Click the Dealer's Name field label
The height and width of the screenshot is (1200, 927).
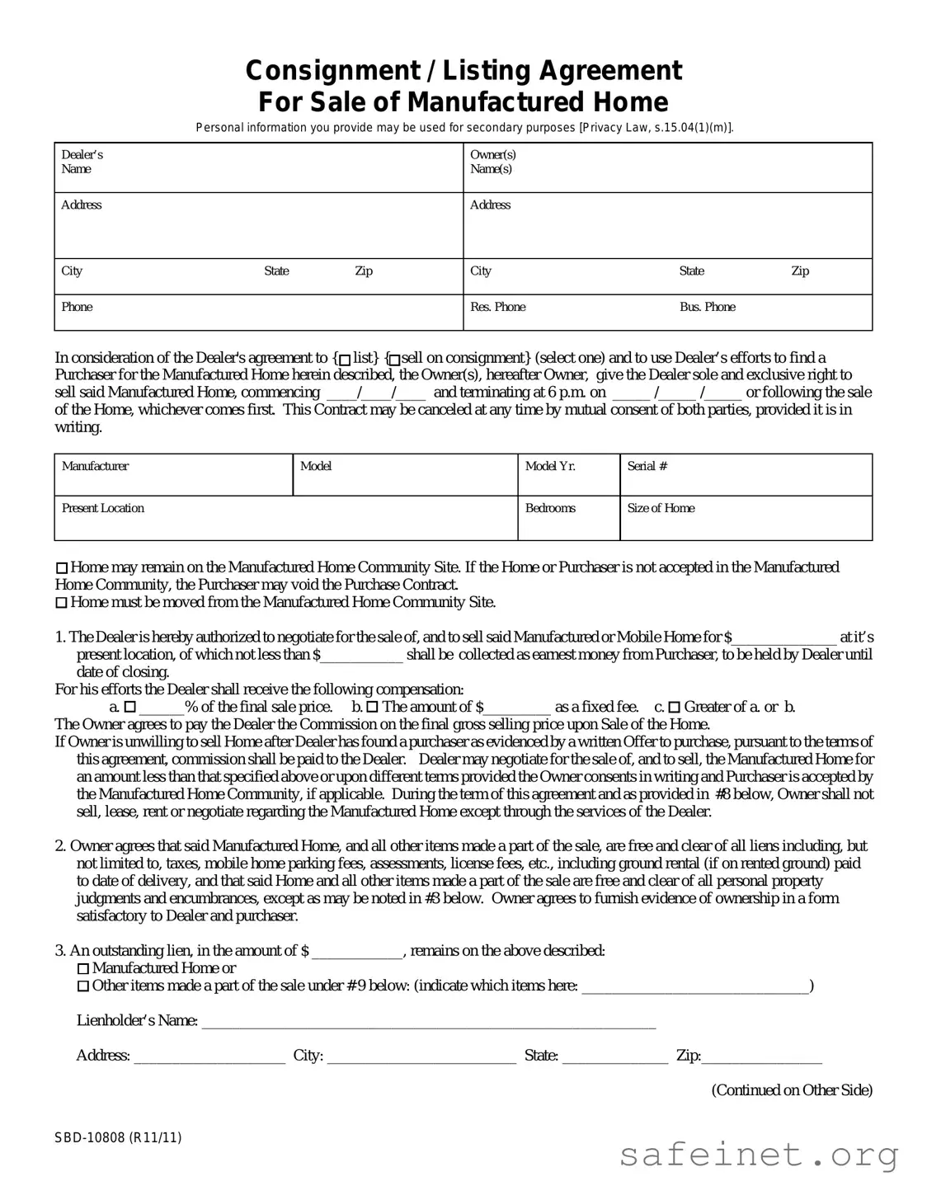(x=82, y=162)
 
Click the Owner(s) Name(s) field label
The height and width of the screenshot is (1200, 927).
(x=492, y=162)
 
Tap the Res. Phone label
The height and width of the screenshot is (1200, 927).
(x=497, y=307)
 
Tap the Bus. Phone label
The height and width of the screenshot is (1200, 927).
(x=707, y=307)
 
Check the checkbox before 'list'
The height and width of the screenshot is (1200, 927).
(x=345, y=359)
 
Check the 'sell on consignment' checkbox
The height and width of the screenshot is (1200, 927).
(x=394, y=359)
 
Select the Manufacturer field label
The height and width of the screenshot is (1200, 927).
(x=95, y=466)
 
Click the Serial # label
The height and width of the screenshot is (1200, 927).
(x=647, y=466)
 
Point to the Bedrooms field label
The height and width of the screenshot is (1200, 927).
(x=550, y=508)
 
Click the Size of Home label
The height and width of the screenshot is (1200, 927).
(x=661, y=508)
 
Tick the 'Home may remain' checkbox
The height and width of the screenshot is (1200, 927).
(x=62, y=568)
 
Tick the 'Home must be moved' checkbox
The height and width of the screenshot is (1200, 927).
(x=62, y=603)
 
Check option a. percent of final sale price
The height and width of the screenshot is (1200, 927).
(x=129, y=708)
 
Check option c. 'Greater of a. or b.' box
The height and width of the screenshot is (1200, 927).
(x=674, y=708)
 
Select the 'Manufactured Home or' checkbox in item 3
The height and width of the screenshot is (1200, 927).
(x=83, y=969)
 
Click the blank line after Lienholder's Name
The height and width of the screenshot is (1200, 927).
(x=429, y=1023)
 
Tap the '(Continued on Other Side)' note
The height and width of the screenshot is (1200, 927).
(x=791, y=1090)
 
